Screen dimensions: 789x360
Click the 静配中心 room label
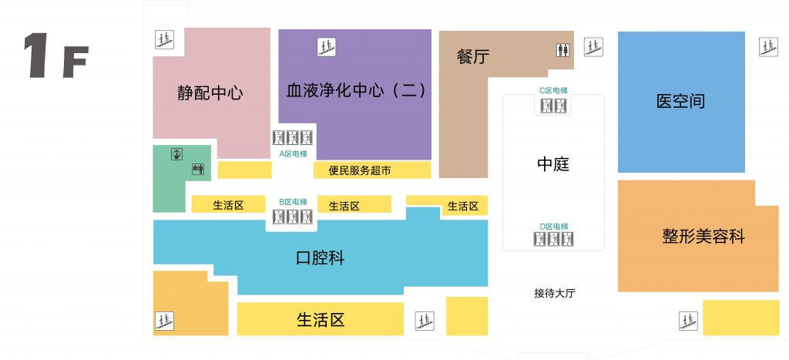[x=210, y=93]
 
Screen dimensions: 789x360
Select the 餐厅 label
[x=472, y=56]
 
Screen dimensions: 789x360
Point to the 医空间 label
[x=681, y=101]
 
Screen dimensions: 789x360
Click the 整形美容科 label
[x=703, y=236]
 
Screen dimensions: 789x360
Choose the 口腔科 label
[x=320, y=257]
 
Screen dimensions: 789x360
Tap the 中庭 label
[x=553, y=164]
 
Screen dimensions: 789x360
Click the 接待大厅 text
[x=555, y=294]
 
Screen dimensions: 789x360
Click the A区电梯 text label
[x=293, y=154]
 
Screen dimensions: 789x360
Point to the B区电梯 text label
[x=293, y=202]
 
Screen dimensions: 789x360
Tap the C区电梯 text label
[x=553, y=91]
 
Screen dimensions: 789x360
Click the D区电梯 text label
[x=553, y=227]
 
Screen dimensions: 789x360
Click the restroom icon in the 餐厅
[x=563, y=50]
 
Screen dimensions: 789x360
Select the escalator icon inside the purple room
[x=326, y=47]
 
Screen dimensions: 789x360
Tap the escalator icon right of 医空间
[x=768, y=47]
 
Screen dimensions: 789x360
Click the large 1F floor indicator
[x=55, y=56]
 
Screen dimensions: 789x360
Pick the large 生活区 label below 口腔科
[x=320, y=319]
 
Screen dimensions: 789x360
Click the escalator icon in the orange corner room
[x=164, y=321]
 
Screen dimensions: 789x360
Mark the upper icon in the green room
[x=176, y=154]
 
